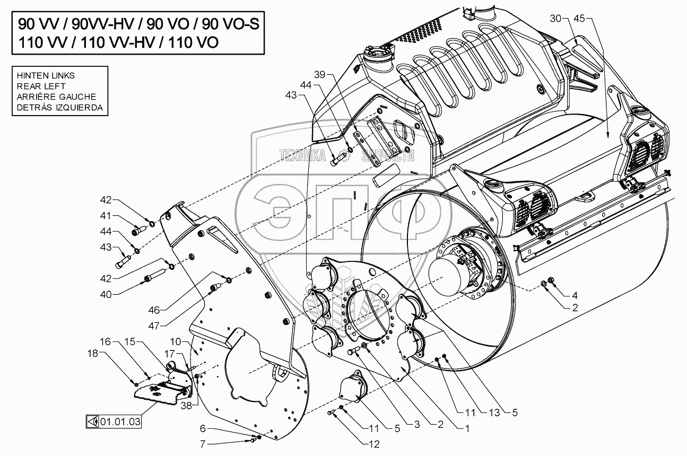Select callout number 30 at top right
555,19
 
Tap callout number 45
579,19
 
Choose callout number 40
107,293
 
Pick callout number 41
107,216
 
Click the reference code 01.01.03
121,422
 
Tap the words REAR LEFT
41,86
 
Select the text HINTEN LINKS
46,75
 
